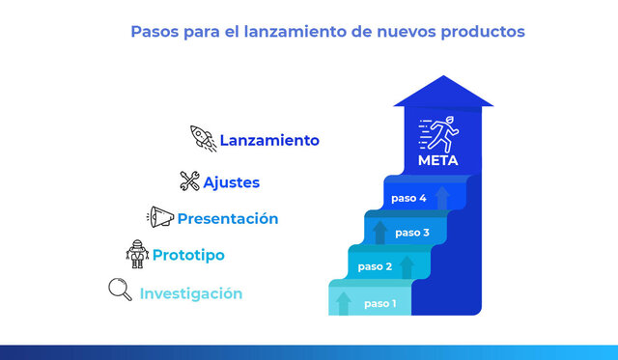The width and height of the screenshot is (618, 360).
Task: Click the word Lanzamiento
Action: [268, 140]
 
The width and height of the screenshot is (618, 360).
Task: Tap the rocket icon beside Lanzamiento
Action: [202, 138]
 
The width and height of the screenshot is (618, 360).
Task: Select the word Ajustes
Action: [231, 181]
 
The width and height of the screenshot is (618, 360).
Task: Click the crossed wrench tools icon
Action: [189, 180]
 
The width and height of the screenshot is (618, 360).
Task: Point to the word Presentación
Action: [228, 219]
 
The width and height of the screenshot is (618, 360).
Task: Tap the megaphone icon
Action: [160, 217]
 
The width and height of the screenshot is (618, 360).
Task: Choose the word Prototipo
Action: [188, 256]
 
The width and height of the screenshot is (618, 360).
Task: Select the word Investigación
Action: [191, 293]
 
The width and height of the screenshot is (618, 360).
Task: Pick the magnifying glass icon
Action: [121, 290]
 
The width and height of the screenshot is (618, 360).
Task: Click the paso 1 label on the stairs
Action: [380, 304]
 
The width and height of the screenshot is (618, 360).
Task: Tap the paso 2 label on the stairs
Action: [375, 266]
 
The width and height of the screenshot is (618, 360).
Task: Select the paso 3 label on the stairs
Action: [412, 233]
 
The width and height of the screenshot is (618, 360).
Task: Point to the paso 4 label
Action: [408, 198]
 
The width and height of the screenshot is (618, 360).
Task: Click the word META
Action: [438, 160]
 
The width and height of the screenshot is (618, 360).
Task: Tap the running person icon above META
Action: [442, 133]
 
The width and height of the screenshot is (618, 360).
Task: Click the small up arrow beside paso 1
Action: [344, 303]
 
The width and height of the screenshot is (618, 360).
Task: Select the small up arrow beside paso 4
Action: [442, 198]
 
